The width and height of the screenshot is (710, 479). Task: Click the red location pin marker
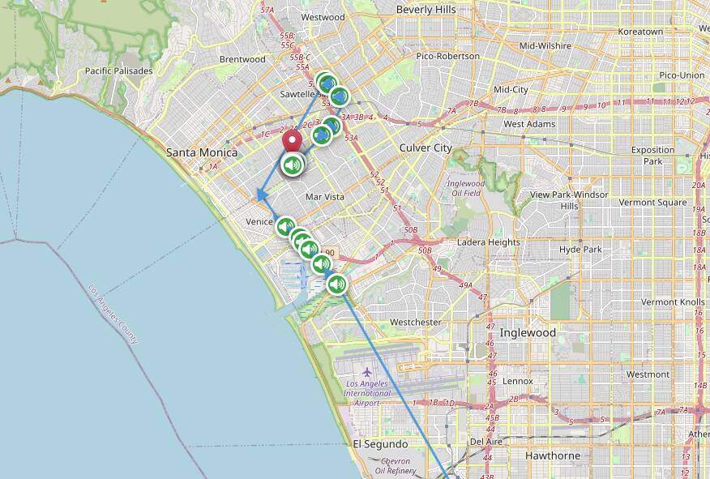(x=292, y=141)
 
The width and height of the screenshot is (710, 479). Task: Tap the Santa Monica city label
(x=202, y=152)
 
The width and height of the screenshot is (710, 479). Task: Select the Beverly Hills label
(x=426, y=10)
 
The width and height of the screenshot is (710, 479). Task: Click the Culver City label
(x=426, y=148)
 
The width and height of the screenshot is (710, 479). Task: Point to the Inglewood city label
(x=528, y=332)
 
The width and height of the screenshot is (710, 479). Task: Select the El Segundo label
(x=380, y=444)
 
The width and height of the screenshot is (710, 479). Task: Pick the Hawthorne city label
(x=552, y=455)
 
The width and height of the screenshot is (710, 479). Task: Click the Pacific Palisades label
(x=118, y=71)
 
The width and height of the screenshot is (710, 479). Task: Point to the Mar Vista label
(x=325, y=197)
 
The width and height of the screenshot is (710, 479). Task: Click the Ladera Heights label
(x=489, y=242)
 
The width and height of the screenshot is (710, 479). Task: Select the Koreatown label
(x=640, y=32)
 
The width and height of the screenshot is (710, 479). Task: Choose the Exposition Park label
(x=652, y=155)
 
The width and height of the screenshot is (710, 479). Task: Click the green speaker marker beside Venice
(x=285, y=226)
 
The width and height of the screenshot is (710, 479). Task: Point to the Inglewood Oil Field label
(x=465, y=188)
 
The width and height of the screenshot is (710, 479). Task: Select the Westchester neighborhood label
(x=415, y=322)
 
